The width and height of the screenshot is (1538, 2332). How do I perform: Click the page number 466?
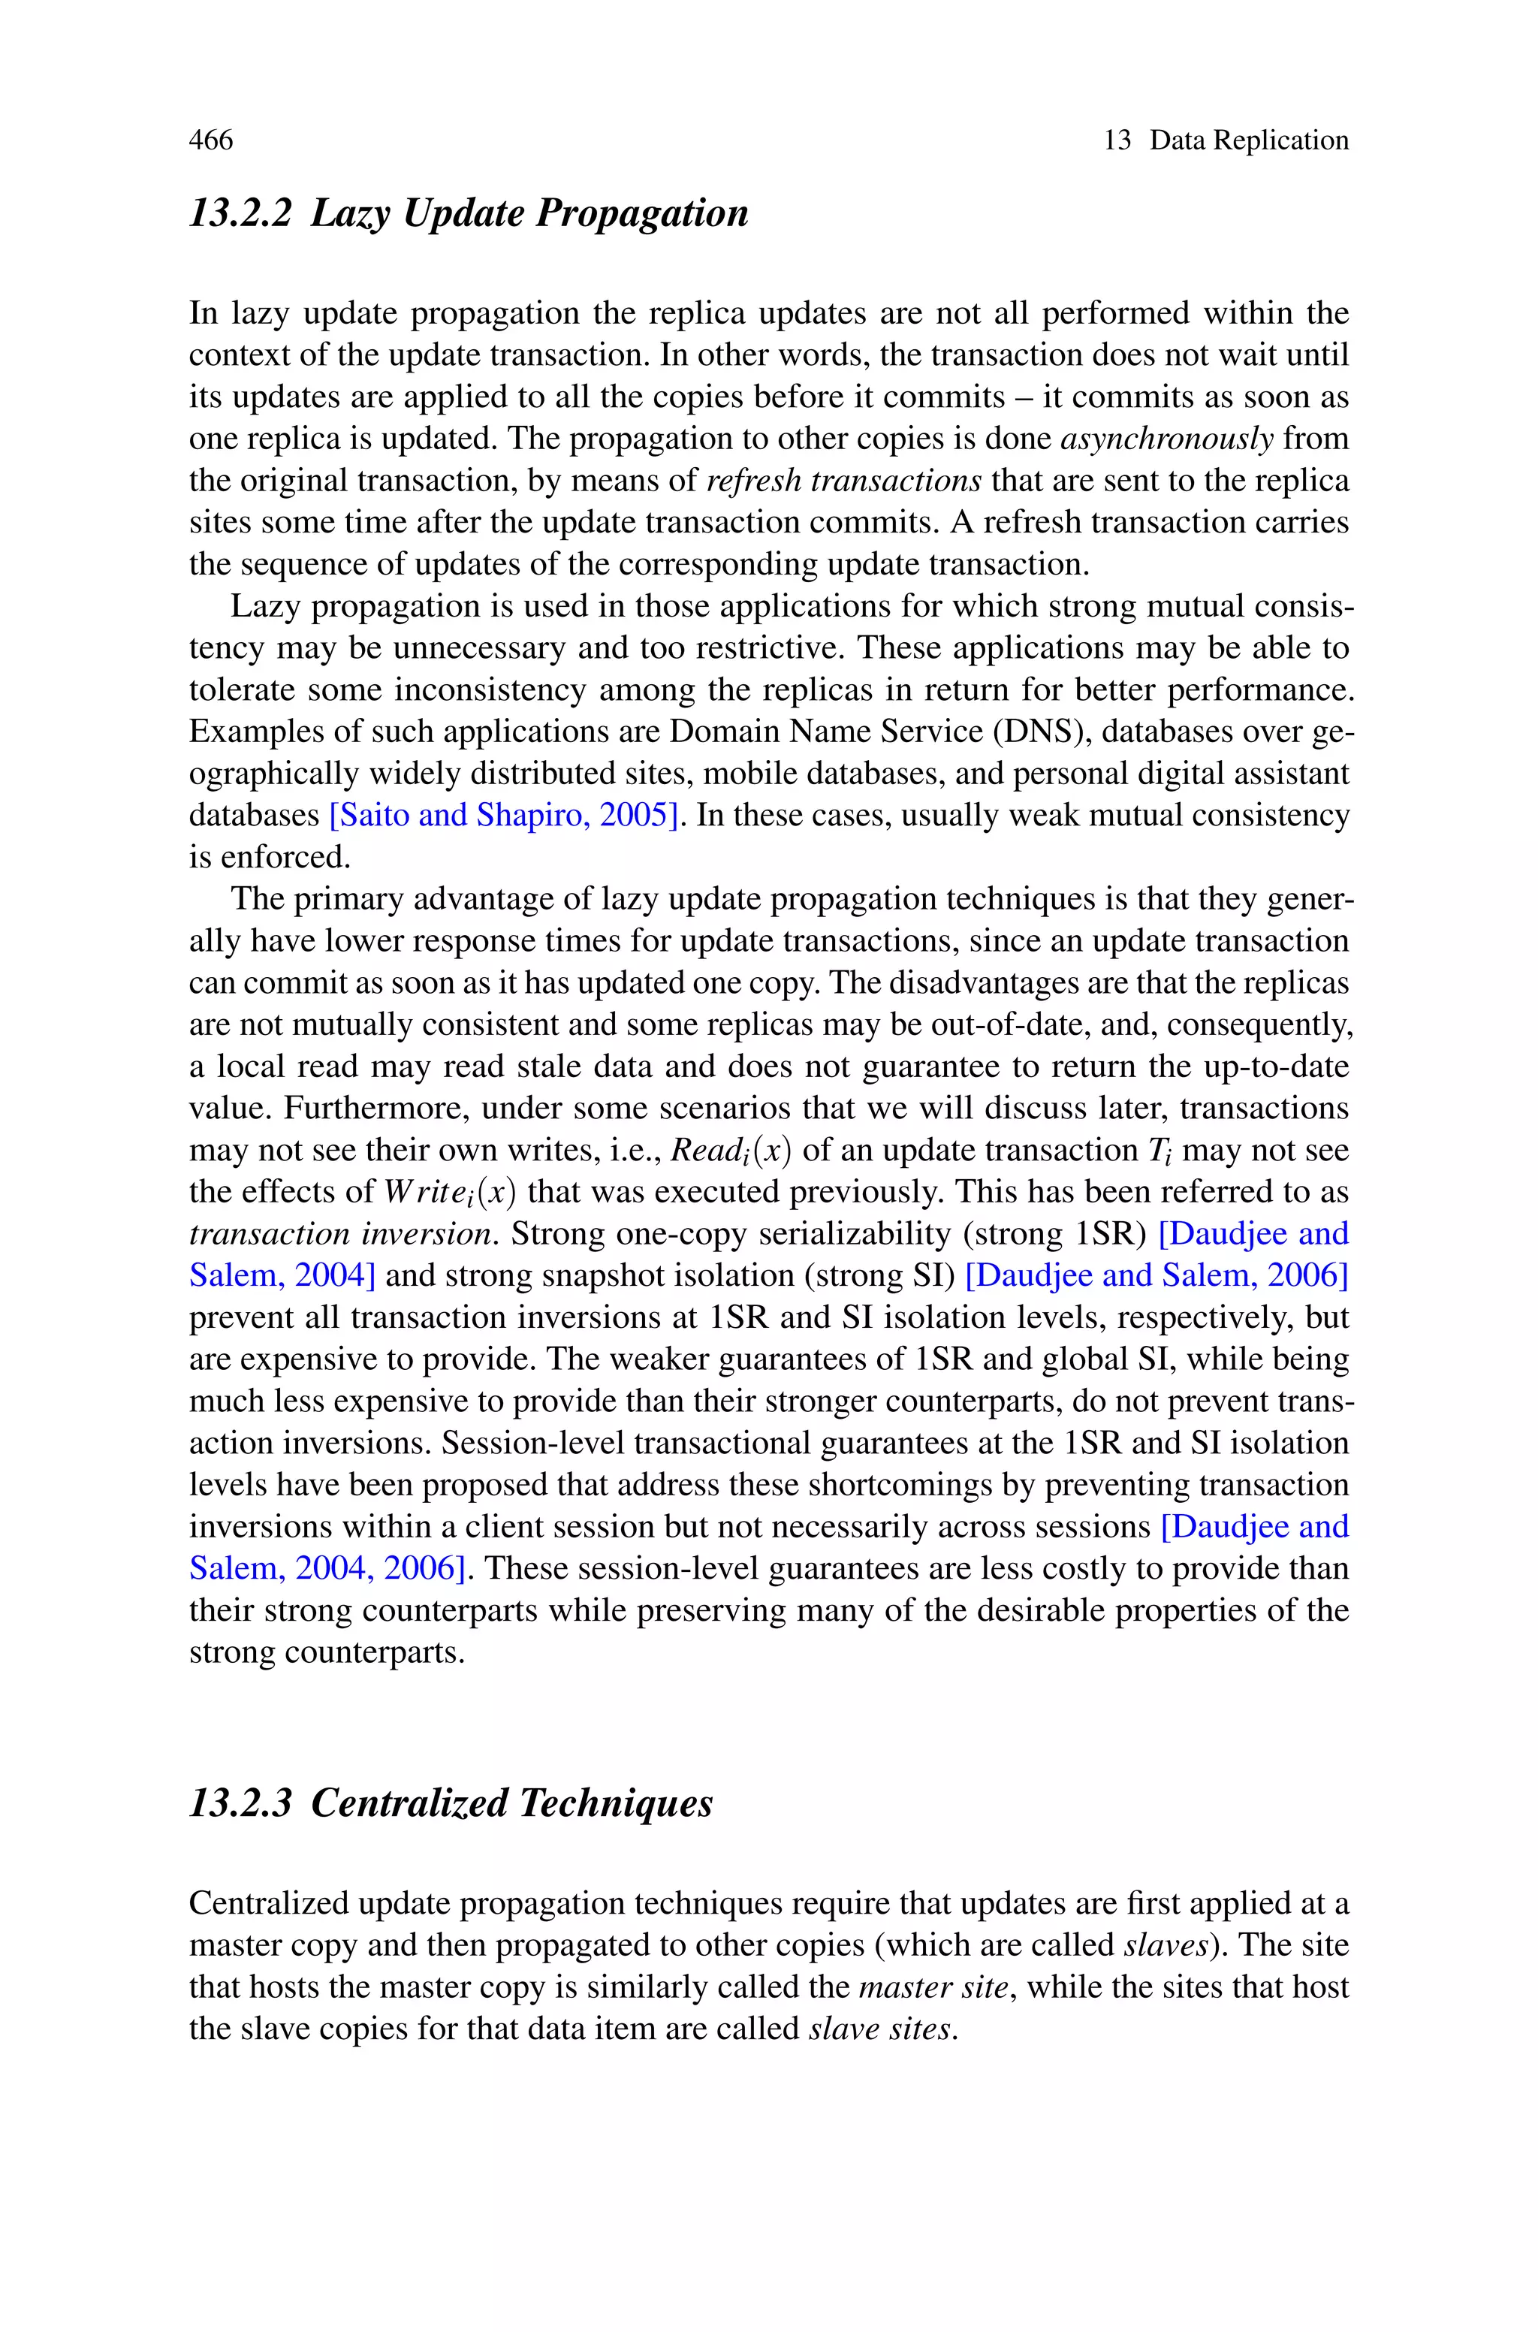[x=211, y=140]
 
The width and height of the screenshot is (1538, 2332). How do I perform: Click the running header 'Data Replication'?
[x=1249, y=140]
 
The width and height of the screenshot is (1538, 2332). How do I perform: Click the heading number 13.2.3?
[x=240, y=1803]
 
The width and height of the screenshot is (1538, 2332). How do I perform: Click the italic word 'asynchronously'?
[x=1166, y=439]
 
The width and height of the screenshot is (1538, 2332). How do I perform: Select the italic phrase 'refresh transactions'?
[x=843, y=481]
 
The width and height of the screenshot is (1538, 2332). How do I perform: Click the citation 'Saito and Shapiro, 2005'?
[x=505, y=815]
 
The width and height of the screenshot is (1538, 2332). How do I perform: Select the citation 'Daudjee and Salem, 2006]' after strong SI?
[x=1157, y=1275]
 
